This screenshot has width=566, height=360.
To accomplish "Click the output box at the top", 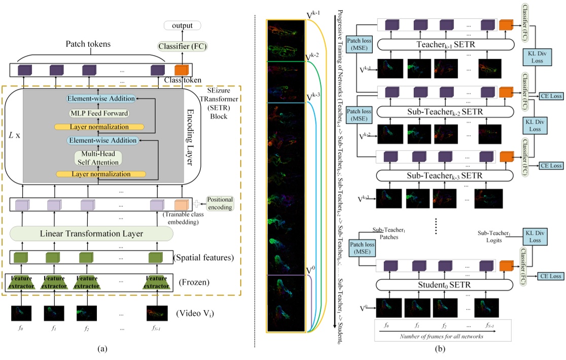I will click(182, 25).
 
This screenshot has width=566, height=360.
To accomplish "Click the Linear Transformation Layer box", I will click(91, 234).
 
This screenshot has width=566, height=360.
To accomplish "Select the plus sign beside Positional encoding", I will click(197, 204).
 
